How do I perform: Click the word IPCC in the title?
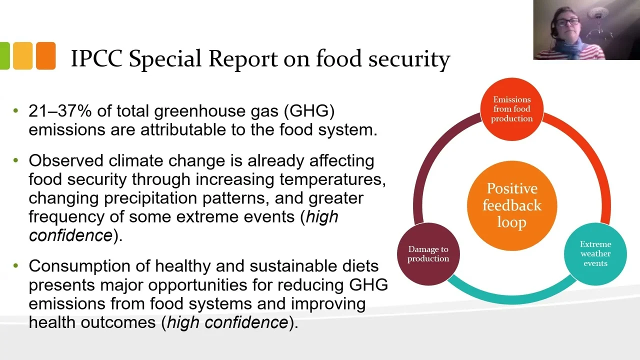click(x=97, y=58)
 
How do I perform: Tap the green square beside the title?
click(x=5, y=55)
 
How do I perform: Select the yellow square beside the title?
click(x=22, y=55)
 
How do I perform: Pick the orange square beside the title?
click(x=46, y=55)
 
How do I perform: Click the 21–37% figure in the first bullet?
click(x=60, y=111)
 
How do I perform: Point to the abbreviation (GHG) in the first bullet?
click(x=309, y=111)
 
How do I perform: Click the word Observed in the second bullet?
click(x=66, y=160)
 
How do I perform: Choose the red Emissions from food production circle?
click(x=511, y=109)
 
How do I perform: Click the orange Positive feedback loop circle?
click(x=512, y=205)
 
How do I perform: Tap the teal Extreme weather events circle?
click(x=595, y=253)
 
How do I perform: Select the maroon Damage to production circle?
click(x=428, y=254)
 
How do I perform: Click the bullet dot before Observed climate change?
click(x=15, y=160)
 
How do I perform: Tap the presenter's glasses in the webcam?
click(x=567, y=22)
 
